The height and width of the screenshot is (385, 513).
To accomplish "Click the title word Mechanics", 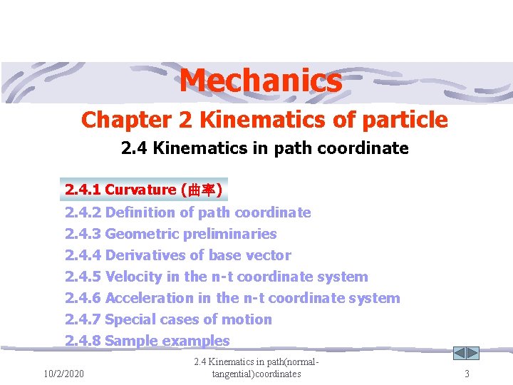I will [260, 81].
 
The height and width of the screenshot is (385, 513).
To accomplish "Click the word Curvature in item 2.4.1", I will [140, 190].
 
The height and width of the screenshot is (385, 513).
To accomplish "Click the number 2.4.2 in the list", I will [83, 212].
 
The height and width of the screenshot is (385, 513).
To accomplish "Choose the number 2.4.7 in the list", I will [83, 319].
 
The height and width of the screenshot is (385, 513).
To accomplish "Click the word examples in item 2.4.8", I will [196, 341].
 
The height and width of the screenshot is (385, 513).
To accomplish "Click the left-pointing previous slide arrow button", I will [460, 353].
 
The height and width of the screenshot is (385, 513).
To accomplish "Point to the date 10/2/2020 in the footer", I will [63, 374].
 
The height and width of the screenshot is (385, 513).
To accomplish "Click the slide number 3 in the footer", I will [467, 374].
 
